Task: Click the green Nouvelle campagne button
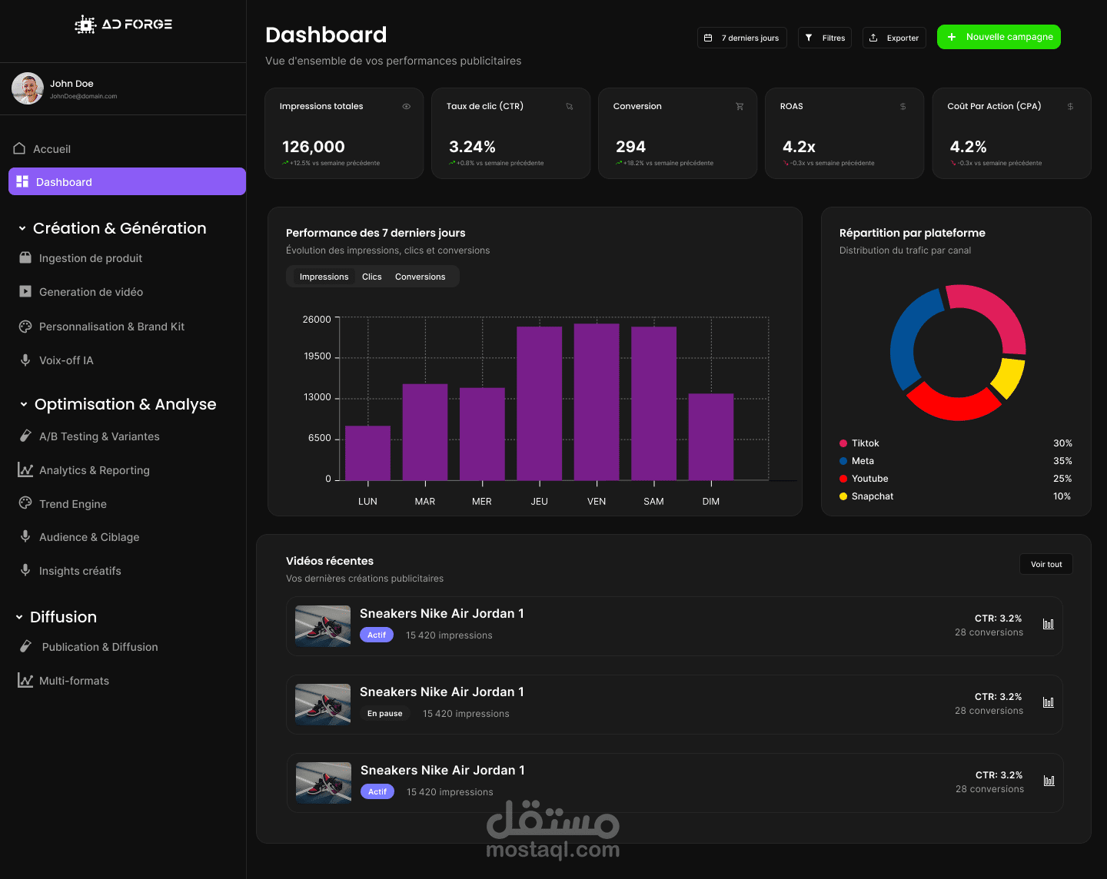coord(999,37)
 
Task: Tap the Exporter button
coord(894,38)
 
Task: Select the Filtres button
coord(825,38)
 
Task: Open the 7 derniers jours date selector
coord(742,38)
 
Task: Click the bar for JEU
coord(539,403)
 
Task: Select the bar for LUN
coord(367,453)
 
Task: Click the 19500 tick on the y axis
coord(317,357)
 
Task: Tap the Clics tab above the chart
coord(372,277)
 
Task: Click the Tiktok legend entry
coord(865,443)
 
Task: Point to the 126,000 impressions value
coord(314,147)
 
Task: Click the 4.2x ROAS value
coord(799,147)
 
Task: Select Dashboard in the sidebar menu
coord(127,182)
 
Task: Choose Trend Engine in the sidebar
coord(73,504)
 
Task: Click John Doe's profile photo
coord(28,88)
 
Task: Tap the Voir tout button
coord(1045,564)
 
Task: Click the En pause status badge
coord(384,714)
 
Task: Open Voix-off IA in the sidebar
coord(66,360)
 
